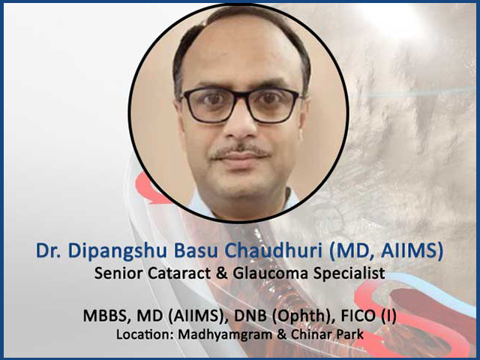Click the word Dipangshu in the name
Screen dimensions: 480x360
click(x=117, y=252)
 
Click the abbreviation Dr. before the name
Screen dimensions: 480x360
click(x=48, y=251)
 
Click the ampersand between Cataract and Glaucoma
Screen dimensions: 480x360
click(x=222, y=273)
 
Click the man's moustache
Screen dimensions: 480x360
click(x=240, y=151)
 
